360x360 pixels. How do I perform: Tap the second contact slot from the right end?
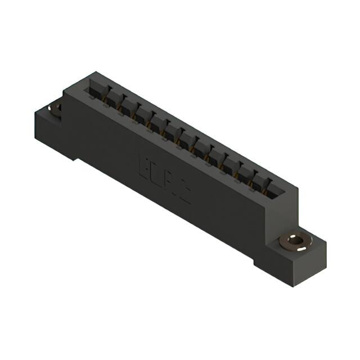point(258,181)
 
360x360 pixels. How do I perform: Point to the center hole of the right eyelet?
point(293,242)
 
